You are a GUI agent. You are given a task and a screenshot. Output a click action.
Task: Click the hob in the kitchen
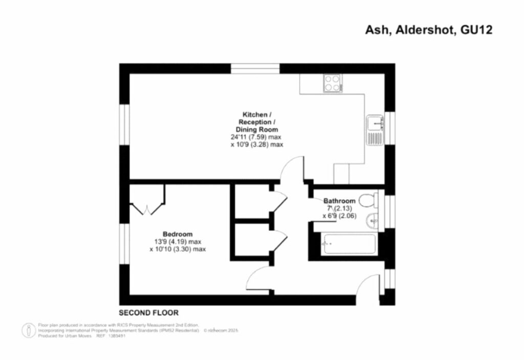[333, 83]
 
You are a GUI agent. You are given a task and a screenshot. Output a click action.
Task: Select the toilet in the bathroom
[367, 200]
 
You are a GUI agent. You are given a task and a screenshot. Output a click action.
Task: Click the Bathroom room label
[339, 201]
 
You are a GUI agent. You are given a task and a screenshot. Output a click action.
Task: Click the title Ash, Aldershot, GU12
[428, 30]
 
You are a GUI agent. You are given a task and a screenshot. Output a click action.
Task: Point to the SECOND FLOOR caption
[149, 312]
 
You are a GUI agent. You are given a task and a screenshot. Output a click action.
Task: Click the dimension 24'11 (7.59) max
[256, 138]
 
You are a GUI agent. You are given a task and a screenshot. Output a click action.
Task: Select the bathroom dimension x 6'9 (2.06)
[339, 216]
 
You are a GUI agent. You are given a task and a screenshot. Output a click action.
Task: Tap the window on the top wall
[255, 69]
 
